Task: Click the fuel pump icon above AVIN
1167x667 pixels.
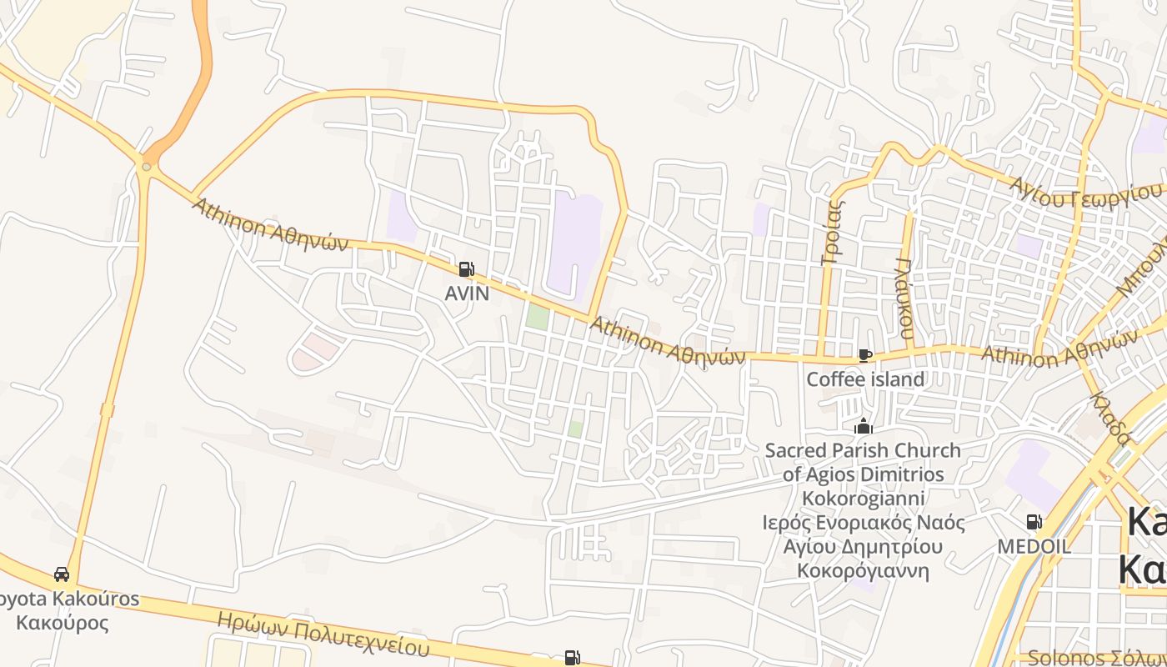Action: pos(466,269)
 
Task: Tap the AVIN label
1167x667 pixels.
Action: pos(467,293)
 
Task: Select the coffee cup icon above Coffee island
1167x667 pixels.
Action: pos(865,356)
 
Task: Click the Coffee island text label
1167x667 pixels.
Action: pos(865,379)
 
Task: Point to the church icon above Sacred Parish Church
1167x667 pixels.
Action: pos(864,427)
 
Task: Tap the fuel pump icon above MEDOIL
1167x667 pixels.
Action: pos(1034,522)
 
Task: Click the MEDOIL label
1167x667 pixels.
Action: pos(1034,546)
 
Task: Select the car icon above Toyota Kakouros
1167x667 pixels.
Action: pos(62,574)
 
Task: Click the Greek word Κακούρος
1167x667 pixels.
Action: pos(63,623)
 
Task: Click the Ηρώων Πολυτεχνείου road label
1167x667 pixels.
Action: pos(323,634)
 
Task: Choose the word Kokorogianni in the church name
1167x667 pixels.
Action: pos(864,499)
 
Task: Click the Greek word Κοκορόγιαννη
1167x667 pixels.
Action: pos(864,571)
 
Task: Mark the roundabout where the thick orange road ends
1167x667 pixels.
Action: pos(147,167)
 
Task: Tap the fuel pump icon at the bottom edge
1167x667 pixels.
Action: pos(572,658)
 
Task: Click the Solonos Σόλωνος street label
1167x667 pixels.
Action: pos(1096,658)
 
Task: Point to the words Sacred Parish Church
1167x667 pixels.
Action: pos(863,451)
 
